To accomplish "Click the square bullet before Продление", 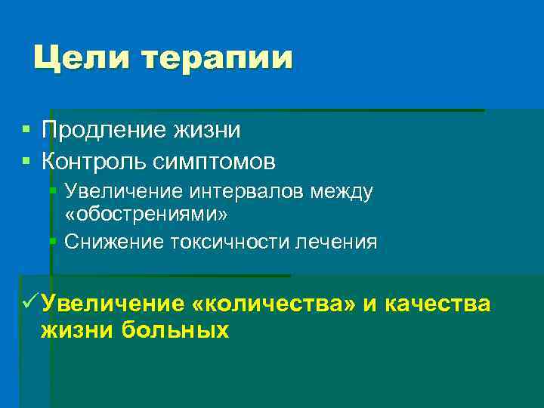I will coord(26,131).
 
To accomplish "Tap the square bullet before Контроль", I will coord(26,161).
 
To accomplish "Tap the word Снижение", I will coord(110,242).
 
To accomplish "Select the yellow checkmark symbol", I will coord(29,303).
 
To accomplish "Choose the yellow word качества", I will coord(438,304).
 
